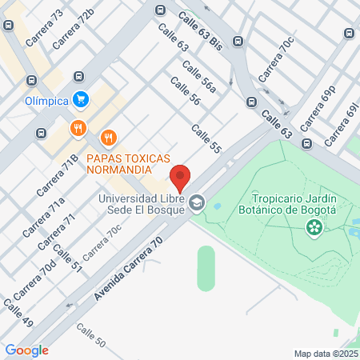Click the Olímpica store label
[x=46, y=100]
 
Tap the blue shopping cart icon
[x=80, y=99]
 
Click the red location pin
[x=180, y=177]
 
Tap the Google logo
[x=26, y=350]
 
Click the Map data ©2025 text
[x=325, y=354]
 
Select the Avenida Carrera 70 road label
[x=128, y=269]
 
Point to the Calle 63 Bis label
[x=200, y=26]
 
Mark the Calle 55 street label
[x=206, y=139]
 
